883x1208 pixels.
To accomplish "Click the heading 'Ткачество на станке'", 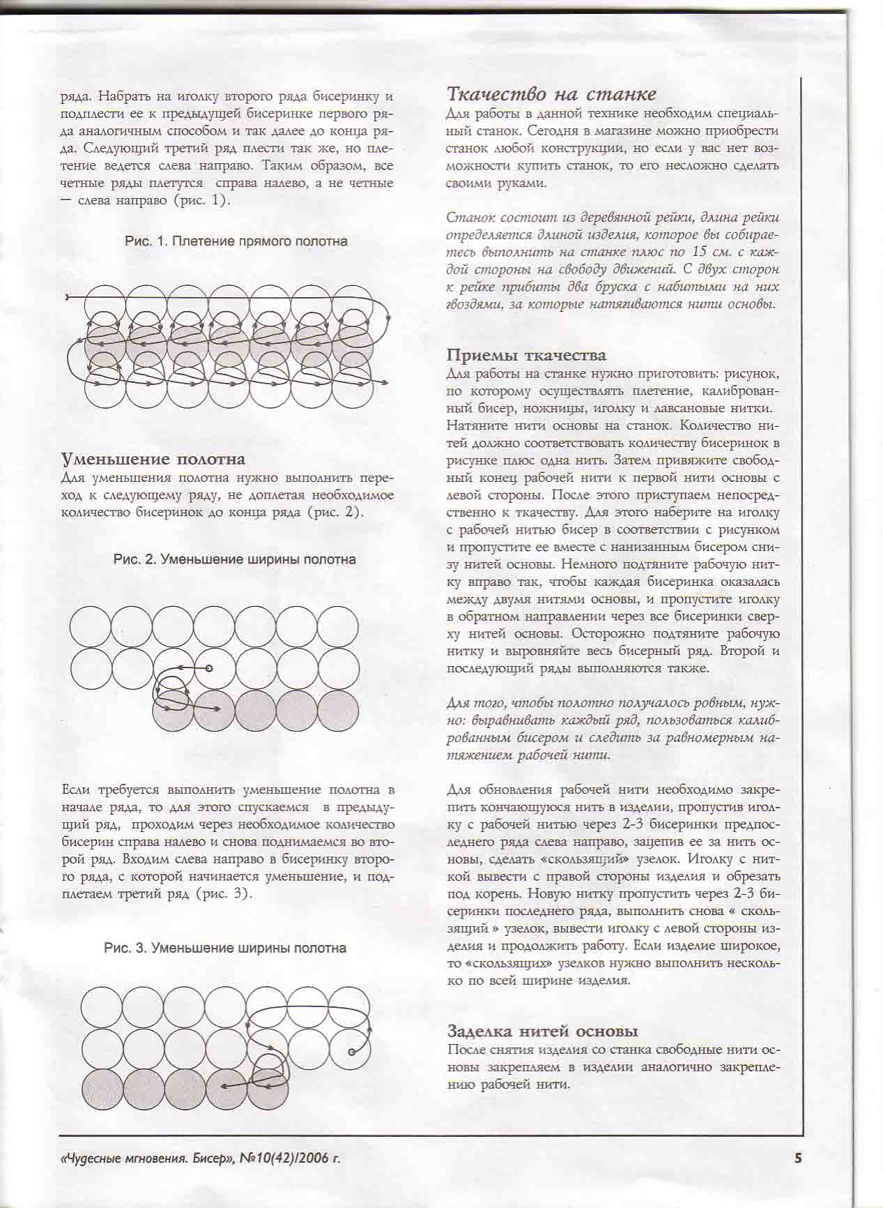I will pyautogui.click(x=551, y=94).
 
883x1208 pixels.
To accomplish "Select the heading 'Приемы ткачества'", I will pyautogui.click(x=526, y=356).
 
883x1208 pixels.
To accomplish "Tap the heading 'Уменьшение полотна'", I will pyautogui.click(x=153, y=459).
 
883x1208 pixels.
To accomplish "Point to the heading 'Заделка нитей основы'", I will pyautogui.click(x=543, y=1031).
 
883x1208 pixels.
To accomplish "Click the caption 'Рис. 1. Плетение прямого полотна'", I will pyautogui.click(x=236, y=241).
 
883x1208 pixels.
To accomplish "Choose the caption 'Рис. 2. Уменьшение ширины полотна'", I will pyautogui.click(x=234, y=559).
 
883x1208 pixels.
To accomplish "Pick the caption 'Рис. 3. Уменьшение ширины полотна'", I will pyautogui.click(x=224, y=948).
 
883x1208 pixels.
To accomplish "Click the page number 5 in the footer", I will pyautogui.click(x=799, y=1158).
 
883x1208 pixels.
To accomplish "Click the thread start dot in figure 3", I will pyautogui.click(x=351, y=1051).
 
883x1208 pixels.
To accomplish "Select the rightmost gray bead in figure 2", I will pyautogui.click(x=337, y=710).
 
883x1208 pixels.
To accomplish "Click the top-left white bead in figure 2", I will pyautogui.click(x=91, y=626).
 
